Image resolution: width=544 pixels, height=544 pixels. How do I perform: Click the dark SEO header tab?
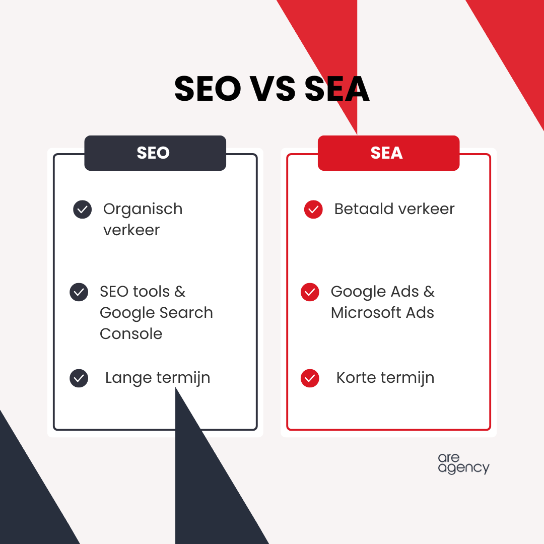click(155, 153)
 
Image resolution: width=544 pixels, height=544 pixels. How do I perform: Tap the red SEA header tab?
click(388, 153)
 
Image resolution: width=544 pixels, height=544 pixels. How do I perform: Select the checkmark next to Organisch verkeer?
click(83, 210)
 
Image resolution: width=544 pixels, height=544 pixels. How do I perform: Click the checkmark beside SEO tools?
click(79, 292)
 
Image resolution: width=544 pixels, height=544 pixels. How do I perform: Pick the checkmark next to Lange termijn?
click(79, 378)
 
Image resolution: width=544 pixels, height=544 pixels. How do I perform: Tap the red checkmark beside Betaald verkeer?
click(313, 210)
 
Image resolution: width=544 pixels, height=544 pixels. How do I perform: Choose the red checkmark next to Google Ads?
click(310, 292)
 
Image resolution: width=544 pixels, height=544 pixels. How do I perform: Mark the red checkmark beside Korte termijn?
click(310, 378)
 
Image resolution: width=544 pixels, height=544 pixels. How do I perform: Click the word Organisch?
click(143, 209)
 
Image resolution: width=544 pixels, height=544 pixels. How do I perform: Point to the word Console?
click(131, 334)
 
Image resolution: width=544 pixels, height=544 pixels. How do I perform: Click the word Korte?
click(356, 378)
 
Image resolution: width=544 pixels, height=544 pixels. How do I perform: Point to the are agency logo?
click(463, 463)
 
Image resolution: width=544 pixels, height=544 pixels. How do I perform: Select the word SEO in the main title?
click(208, 90)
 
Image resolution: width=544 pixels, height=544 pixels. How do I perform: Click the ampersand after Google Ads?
click(429, 292)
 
